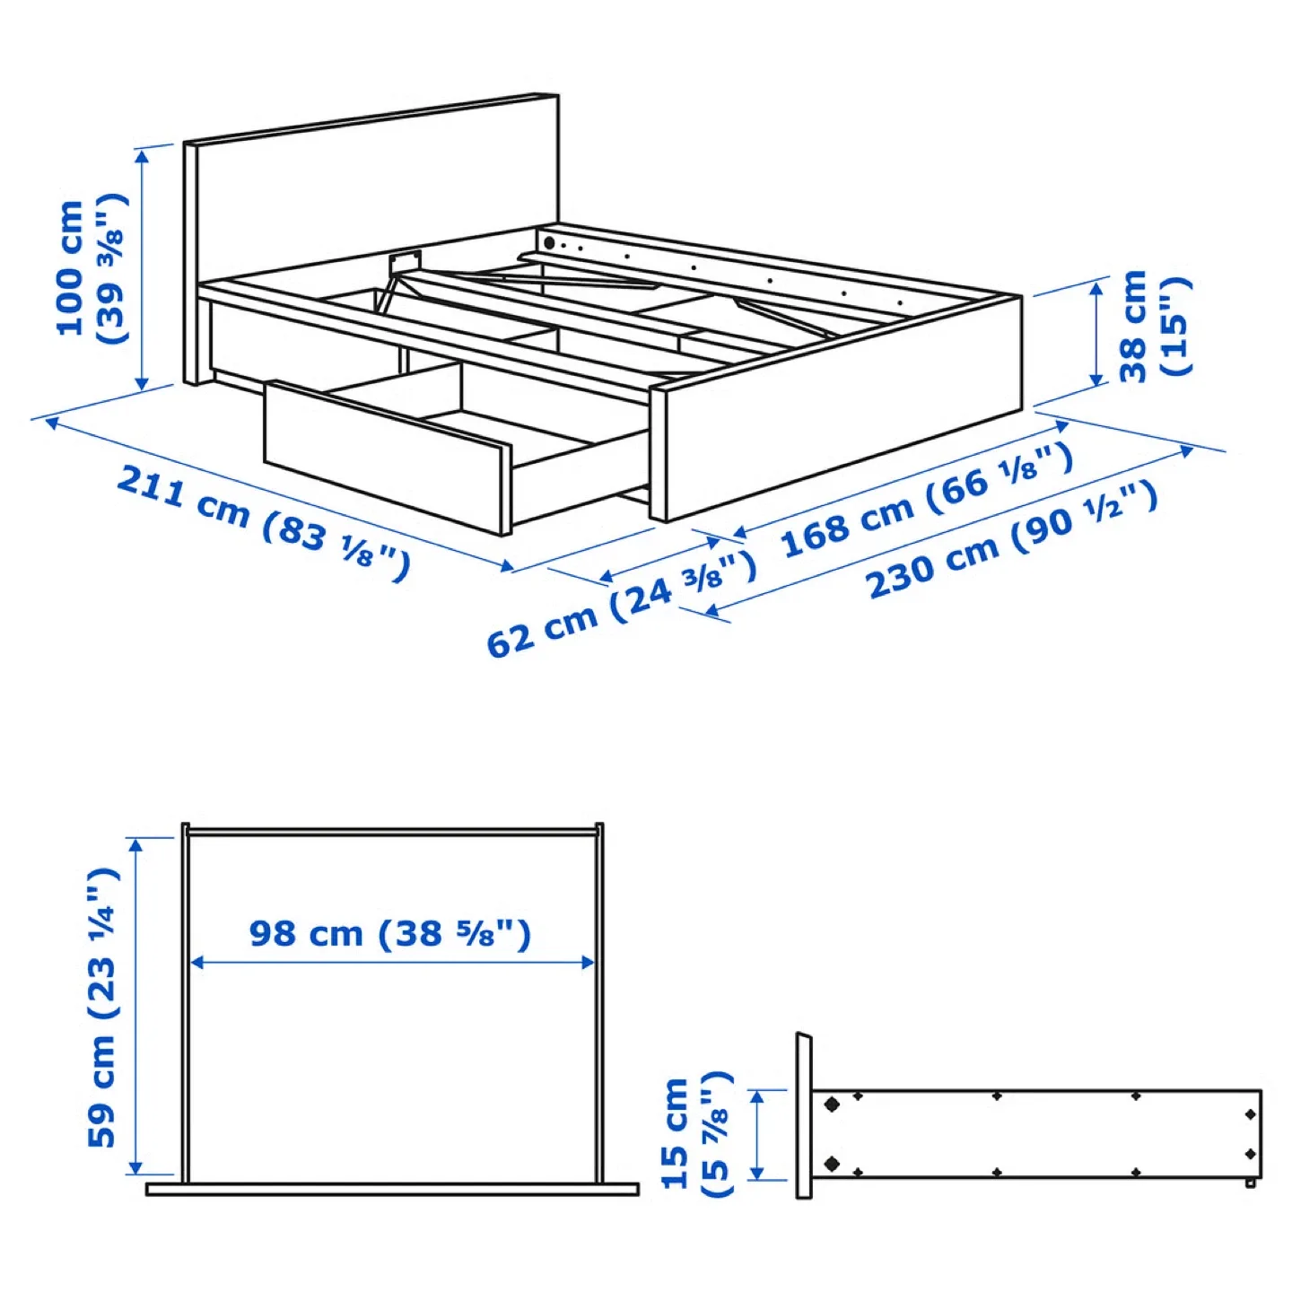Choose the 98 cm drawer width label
tap(390, 933)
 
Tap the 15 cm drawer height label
tap(696, 1134)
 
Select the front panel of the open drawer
tap(386, 458)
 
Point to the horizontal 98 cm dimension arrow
tap(392, 963)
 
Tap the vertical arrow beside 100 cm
tap(142, 269)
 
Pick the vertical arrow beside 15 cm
tap(756, 1135)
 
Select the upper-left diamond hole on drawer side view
tap(832, 1104)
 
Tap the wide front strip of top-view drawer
tap(392, 1190)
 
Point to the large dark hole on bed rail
tap(549, 242)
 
